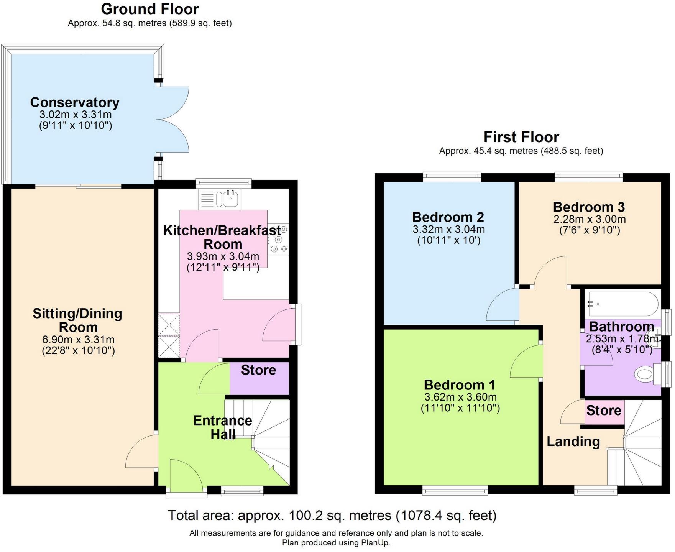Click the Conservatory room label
(75, 103)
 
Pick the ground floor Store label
(258, 370)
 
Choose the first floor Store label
(603, 411)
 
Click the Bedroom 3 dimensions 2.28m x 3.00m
(589, 220)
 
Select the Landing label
(573, 442)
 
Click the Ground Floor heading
(150, 9)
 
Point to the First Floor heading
(521, 137)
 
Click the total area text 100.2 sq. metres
(332, 516)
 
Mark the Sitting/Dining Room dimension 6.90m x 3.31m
(78, 340)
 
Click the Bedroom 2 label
(448, 217)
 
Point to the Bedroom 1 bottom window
(455, 490)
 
